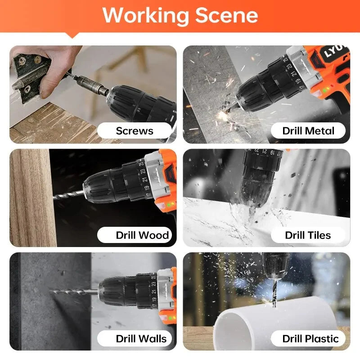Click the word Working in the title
145,15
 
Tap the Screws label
135,131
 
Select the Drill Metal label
308,131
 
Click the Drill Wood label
142,235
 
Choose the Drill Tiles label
308,235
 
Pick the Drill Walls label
141,338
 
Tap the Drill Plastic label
310,338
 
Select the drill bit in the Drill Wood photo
70,194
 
